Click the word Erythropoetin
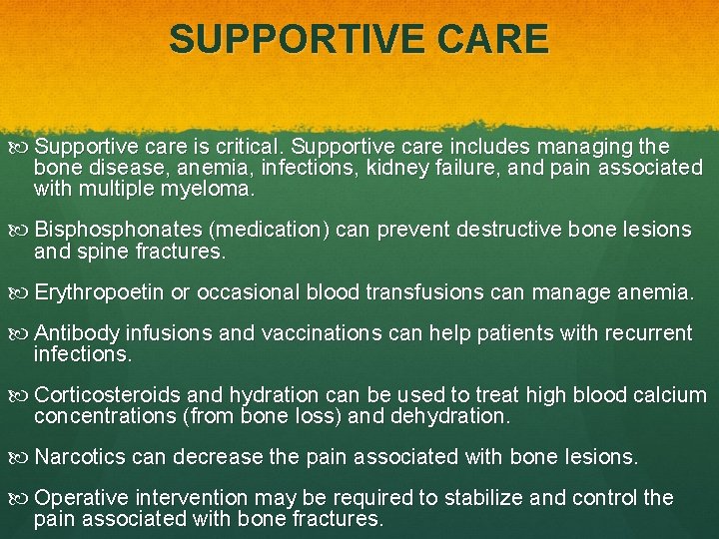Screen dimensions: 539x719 click(100, 292)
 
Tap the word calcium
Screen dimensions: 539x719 click(670, 395)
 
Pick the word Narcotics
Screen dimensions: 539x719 click(79, 457)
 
